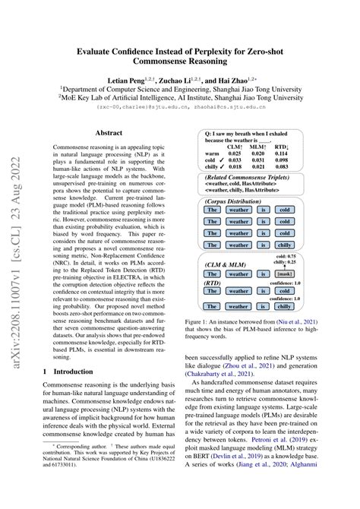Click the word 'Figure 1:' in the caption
click(207, 321)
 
